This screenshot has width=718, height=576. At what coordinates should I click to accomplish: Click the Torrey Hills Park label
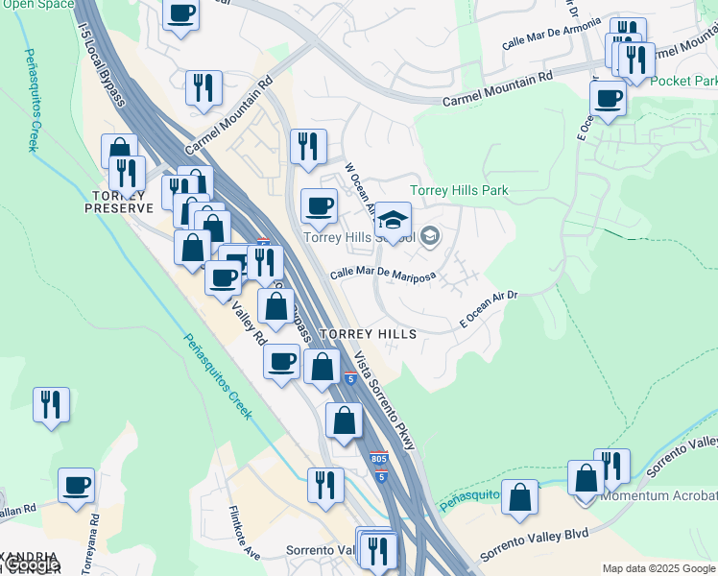pos(459,190)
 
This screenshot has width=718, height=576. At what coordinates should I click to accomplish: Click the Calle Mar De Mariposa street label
pos(383,275)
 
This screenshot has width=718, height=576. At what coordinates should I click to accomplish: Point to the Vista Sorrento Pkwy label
pos(385,401)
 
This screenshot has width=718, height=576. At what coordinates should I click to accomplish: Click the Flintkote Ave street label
pos(245,533)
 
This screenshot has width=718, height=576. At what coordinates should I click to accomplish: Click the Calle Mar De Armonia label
pos(551,35)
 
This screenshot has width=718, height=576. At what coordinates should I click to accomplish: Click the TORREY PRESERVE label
pos(119,201)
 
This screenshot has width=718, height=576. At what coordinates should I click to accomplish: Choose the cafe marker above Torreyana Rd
pos(76,485)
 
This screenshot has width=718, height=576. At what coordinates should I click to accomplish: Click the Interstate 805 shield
pos(379,459)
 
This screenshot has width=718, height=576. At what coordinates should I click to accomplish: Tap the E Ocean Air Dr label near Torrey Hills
pos(489,306)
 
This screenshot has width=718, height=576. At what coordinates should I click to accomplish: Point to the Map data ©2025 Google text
pos(658,568)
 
